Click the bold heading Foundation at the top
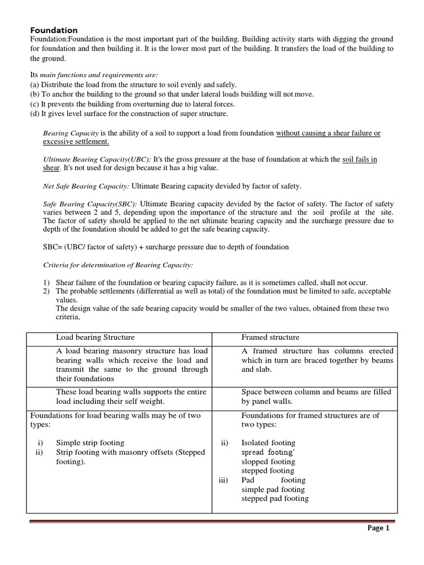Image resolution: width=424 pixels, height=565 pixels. point(54,30)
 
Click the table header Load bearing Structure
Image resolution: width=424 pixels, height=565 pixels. point(95,337)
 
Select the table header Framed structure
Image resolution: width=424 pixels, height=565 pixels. point(271,337)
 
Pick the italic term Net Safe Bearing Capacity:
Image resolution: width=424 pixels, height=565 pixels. point(86,186)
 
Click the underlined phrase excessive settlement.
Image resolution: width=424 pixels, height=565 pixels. point(76,142)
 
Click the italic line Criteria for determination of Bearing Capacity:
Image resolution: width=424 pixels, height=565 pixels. point(118,265)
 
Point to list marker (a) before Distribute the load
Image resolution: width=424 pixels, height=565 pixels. point(34,84)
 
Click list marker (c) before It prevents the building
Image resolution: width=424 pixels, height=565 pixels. point(34,104)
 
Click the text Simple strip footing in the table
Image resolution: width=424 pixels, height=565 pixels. point(90,443)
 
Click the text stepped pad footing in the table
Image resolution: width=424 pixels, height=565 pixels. point(275,499)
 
